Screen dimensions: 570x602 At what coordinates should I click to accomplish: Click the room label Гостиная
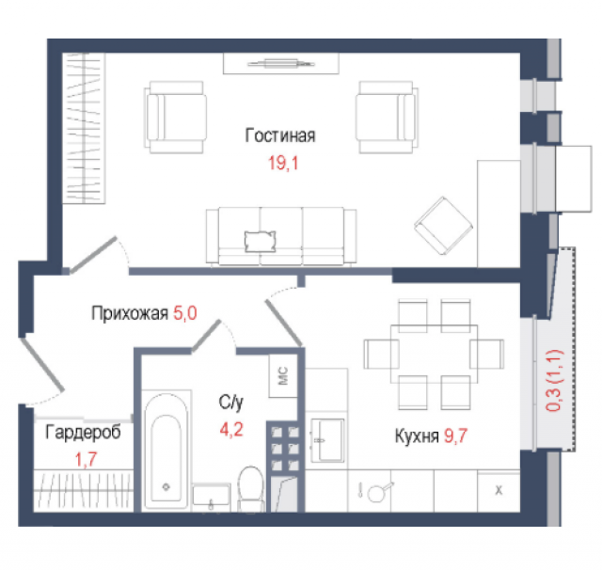coord(279,135)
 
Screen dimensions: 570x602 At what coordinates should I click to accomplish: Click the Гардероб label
coord(83,434)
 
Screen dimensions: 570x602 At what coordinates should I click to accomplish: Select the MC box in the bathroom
coord(283,375)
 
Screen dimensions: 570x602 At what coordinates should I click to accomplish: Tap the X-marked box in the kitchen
coord(499,491)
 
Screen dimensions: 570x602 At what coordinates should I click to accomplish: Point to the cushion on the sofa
coord(259,241)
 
